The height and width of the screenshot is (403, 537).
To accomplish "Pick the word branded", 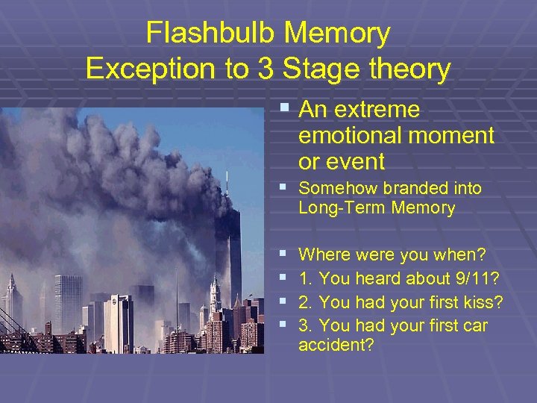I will point(446,188).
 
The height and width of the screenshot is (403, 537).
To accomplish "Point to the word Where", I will point(322,255).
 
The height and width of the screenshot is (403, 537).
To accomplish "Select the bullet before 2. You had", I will point(283,302).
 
